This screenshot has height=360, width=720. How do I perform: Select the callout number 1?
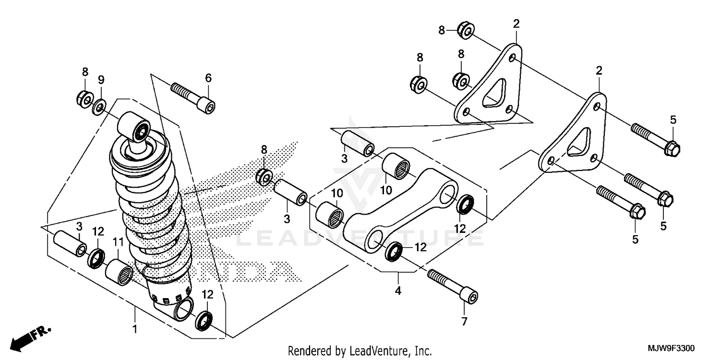135,329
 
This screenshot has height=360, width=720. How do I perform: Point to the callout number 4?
398,290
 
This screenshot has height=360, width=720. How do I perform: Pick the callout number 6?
208,78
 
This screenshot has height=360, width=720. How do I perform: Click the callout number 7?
464,322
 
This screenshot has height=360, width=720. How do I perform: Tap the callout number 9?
101,79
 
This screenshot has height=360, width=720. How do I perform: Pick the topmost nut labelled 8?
465,30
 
